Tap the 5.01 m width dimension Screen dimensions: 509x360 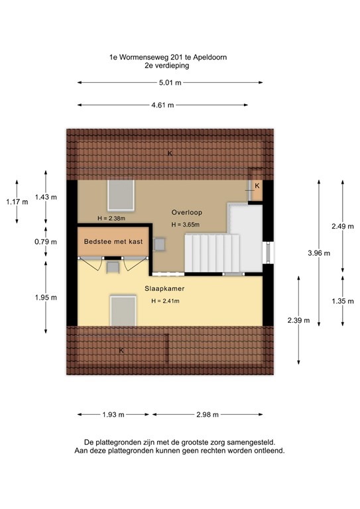click(x=170, y=83)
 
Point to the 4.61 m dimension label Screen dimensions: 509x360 click(x=162, y=105)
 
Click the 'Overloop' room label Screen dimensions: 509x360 click(x=186, y=213)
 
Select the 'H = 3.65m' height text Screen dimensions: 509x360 click(x=185, y=225)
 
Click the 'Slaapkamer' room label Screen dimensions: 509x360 click(x=164, y=289)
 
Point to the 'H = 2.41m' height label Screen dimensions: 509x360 click(x=165, y=302)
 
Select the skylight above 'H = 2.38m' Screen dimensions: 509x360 click(x=121, y=195)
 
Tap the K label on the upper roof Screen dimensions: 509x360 click(x=170, y=153)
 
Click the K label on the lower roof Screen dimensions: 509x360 click(x=121, y=350)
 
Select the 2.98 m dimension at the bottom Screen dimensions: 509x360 click(x=207, y=415)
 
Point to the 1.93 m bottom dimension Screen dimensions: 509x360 click(x=113, y=415)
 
